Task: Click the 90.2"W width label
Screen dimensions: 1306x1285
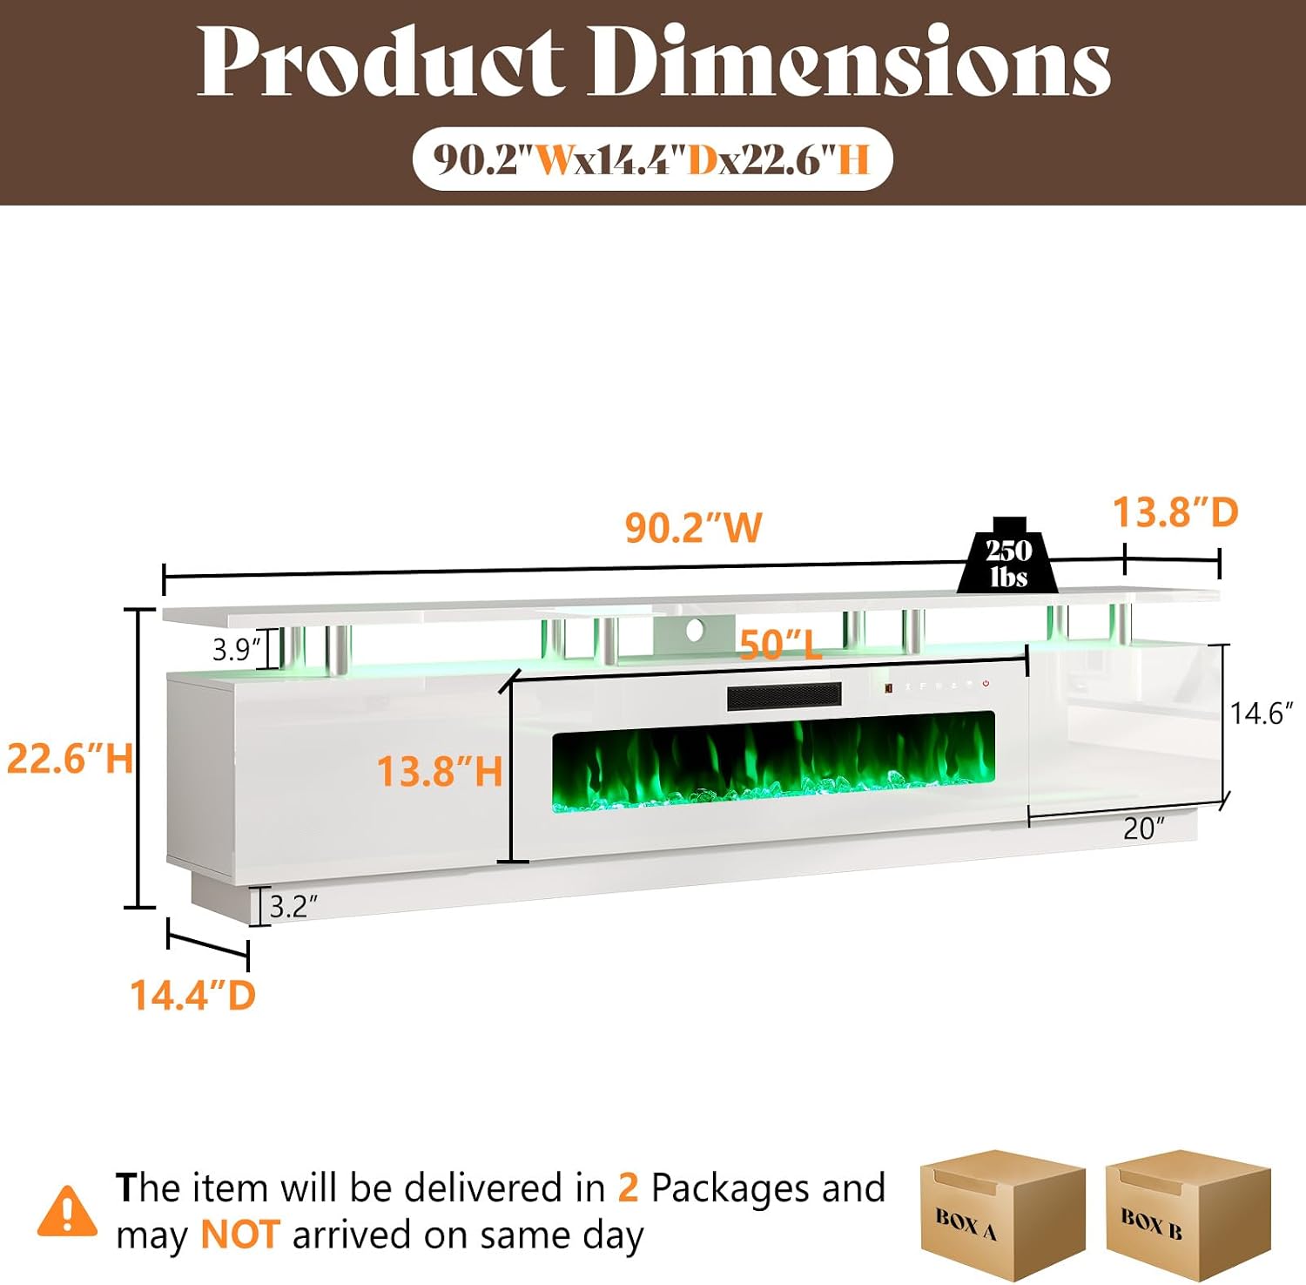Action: tap(694, 527)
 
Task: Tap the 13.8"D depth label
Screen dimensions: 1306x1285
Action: tap(1175, 512)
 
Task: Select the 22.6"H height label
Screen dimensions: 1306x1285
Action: tap(70, 758)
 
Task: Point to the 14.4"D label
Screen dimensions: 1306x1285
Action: tap(192, 995)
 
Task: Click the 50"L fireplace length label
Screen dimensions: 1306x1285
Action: tap(780, 645)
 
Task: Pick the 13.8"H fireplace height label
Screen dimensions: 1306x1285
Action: tap(440, 771)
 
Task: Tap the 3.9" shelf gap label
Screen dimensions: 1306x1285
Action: tap(236, 649)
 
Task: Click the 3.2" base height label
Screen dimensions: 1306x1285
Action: tap(293, 907)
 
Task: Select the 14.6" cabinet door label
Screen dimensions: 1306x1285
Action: tap(1262, 714)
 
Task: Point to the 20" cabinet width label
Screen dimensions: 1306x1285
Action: tap(1143, 828)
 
